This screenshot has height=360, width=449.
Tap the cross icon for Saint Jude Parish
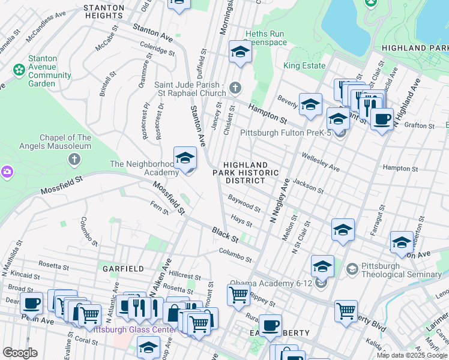(235, 89)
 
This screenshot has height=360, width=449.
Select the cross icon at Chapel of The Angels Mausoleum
(74, 159)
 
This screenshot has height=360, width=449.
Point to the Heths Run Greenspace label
(266, 38)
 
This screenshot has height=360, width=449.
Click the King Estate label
(304, 65)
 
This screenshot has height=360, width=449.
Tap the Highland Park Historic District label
(246, 172)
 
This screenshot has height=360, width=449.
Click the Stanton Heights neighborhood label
(104, 12)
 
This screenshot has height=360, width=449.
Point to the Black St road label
(225, 235)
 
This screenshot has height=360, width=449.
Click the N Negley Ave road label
(279, 202)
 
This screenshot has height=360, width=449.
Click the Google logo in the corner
(20, 352)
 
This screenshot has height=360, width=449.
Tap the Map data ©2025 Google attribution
(412, 355)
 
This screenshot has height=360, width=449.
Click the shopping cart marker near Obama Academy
(238, 295)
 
